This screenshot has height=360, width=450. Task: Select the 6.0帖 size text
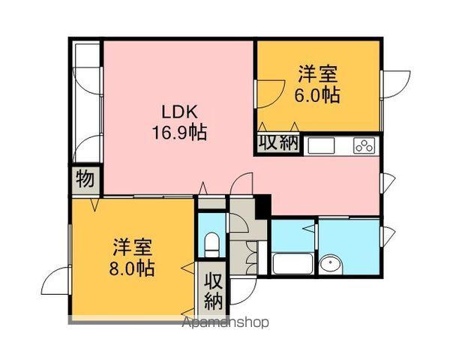pos(318,95)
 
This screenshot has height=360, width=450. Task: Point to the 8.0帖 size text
pos(133,267)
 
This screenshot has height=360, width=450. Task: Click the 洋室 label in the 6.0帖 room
pos(318,75)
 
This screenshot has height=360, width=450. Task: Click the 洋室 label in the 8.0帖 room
pos(133,246)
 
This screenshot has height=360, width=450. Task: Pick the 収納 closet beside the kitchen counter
pos(279,143)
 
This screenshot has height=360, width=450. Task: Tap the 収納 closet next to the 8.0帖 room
pos(213,290)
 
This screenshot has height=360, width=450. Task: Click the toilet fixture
pos(212,242)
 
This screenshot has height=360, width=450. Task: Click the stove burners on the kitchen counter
pos(364,145)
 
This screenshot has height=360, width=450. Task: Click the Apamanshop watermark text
pos(224,323)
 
